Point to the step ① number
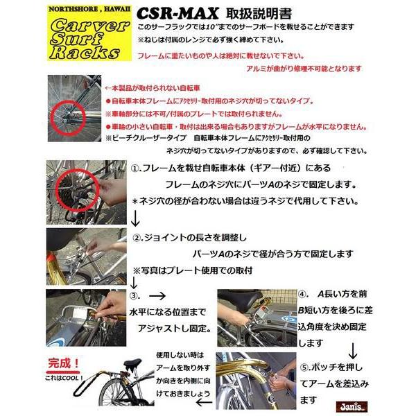137,169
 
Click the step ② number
137,236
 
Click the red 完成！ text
65,363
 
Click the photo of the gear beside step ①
85,189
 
